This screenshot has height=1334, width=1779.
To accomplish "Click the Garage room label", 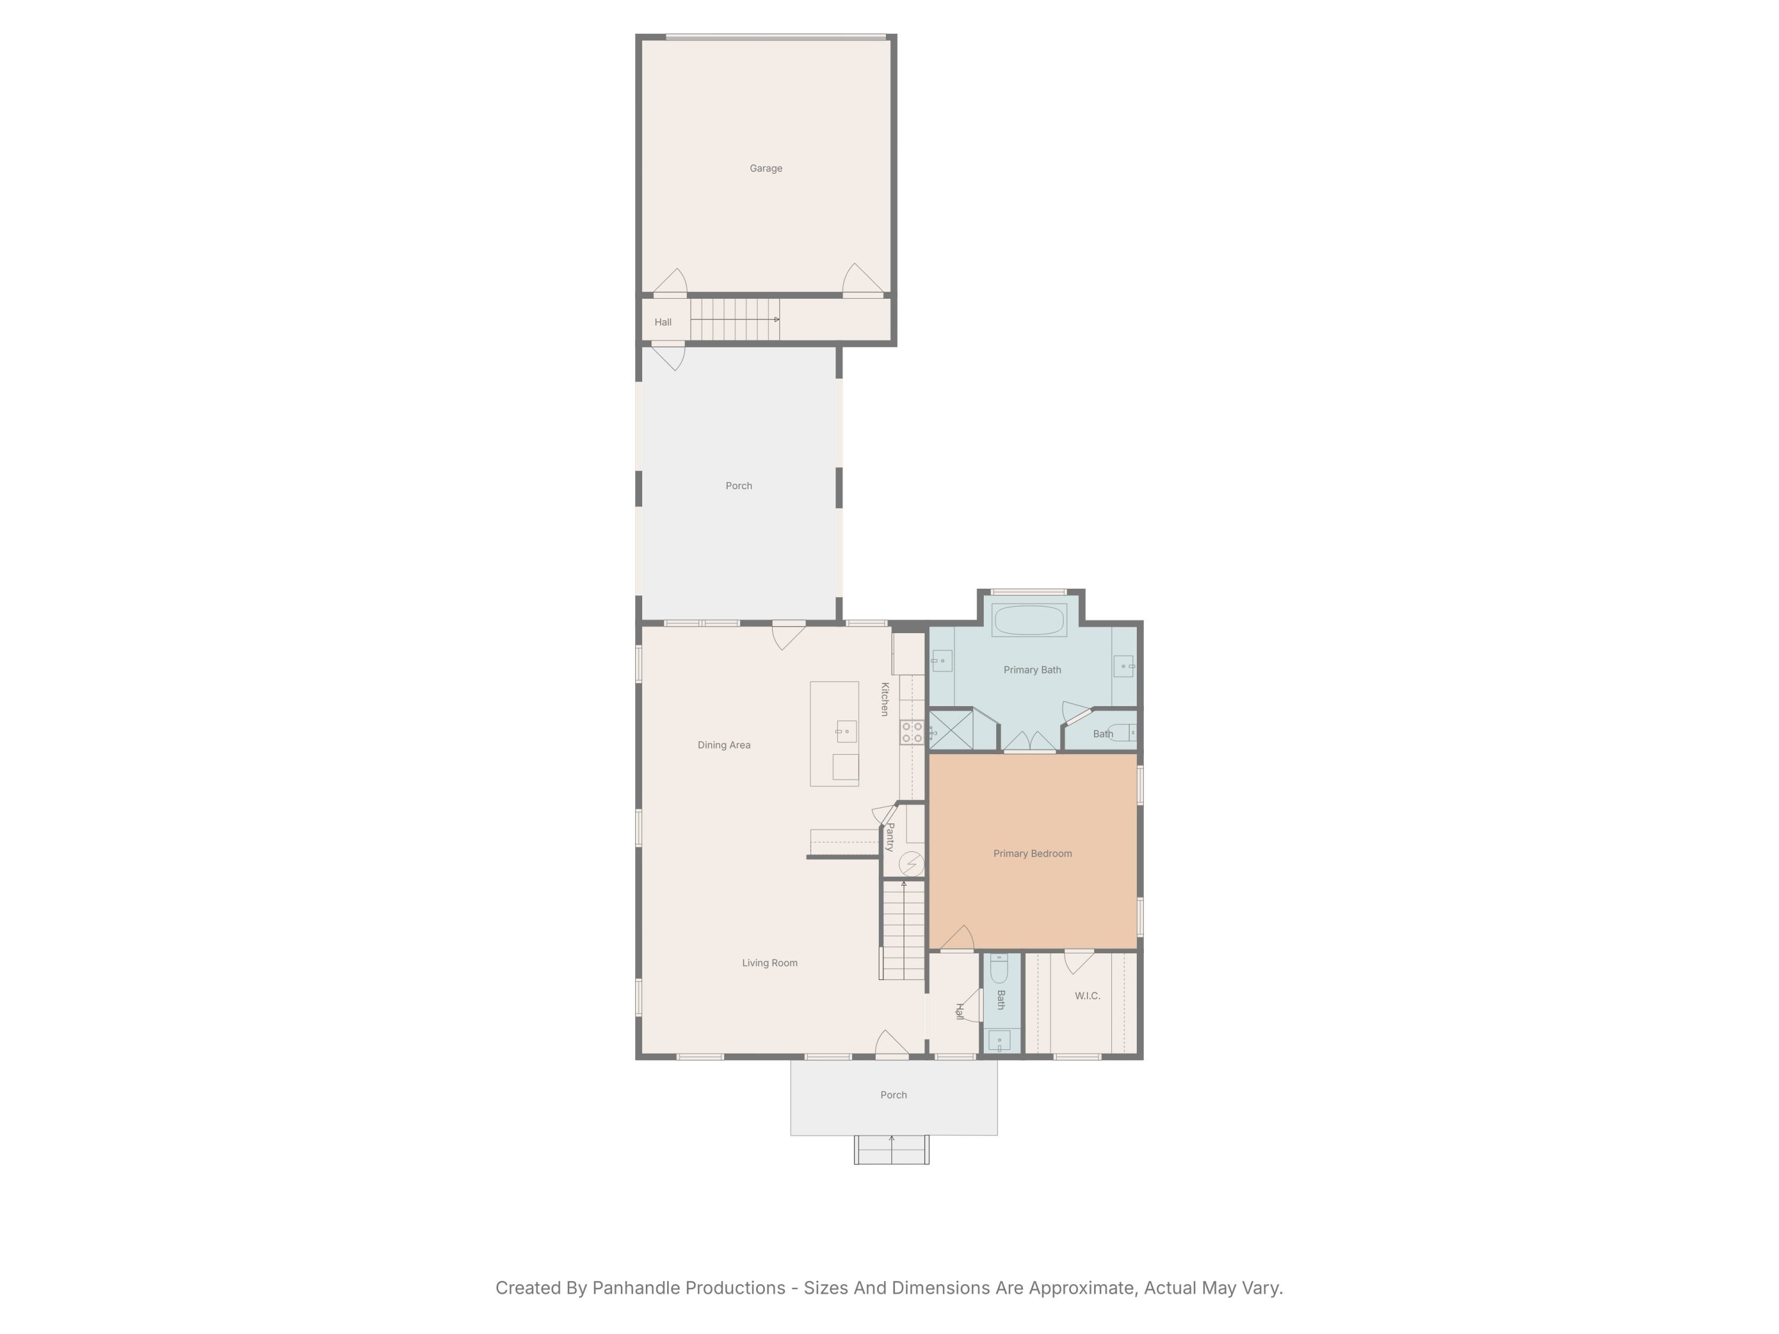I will point(766,168).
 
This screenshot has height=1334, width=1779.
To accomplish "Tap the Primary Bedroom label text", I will point(1032,853).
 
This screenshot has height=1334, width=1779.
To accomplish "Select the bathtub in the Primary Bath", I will point(1029,620).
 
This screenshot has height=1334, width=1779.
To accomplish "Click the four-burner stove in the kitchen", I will point(911,732).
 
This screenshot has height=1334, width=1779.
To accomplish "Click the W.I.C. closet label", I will point(1086,995).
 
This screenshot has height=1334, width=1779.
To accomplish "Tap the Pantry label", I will point(890,836).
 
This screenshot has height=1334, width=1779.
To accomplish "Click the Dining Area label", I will point(724,745).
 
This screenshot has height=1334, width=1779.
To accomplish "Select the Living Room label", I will point(770,962).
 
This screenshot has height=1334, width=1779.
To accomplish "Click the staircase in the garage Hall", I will point(734,319).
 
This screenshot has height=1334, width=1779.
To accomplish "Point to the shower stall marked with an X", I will point(951,730).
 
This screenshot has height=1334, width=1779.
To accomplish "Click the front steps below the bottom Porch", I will point(891,1150).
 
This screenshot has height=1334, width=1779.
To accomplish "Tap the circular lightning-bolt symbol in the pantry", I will point(911,864).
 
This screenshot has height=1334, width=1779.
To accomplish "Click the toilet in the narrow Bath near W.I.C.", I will point(999,970).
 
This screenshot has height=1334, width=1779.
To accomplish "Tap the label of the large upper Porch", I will point(738,486).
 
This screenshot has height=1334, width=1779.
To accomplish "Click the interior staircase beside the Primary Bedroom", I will point(903,931).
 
